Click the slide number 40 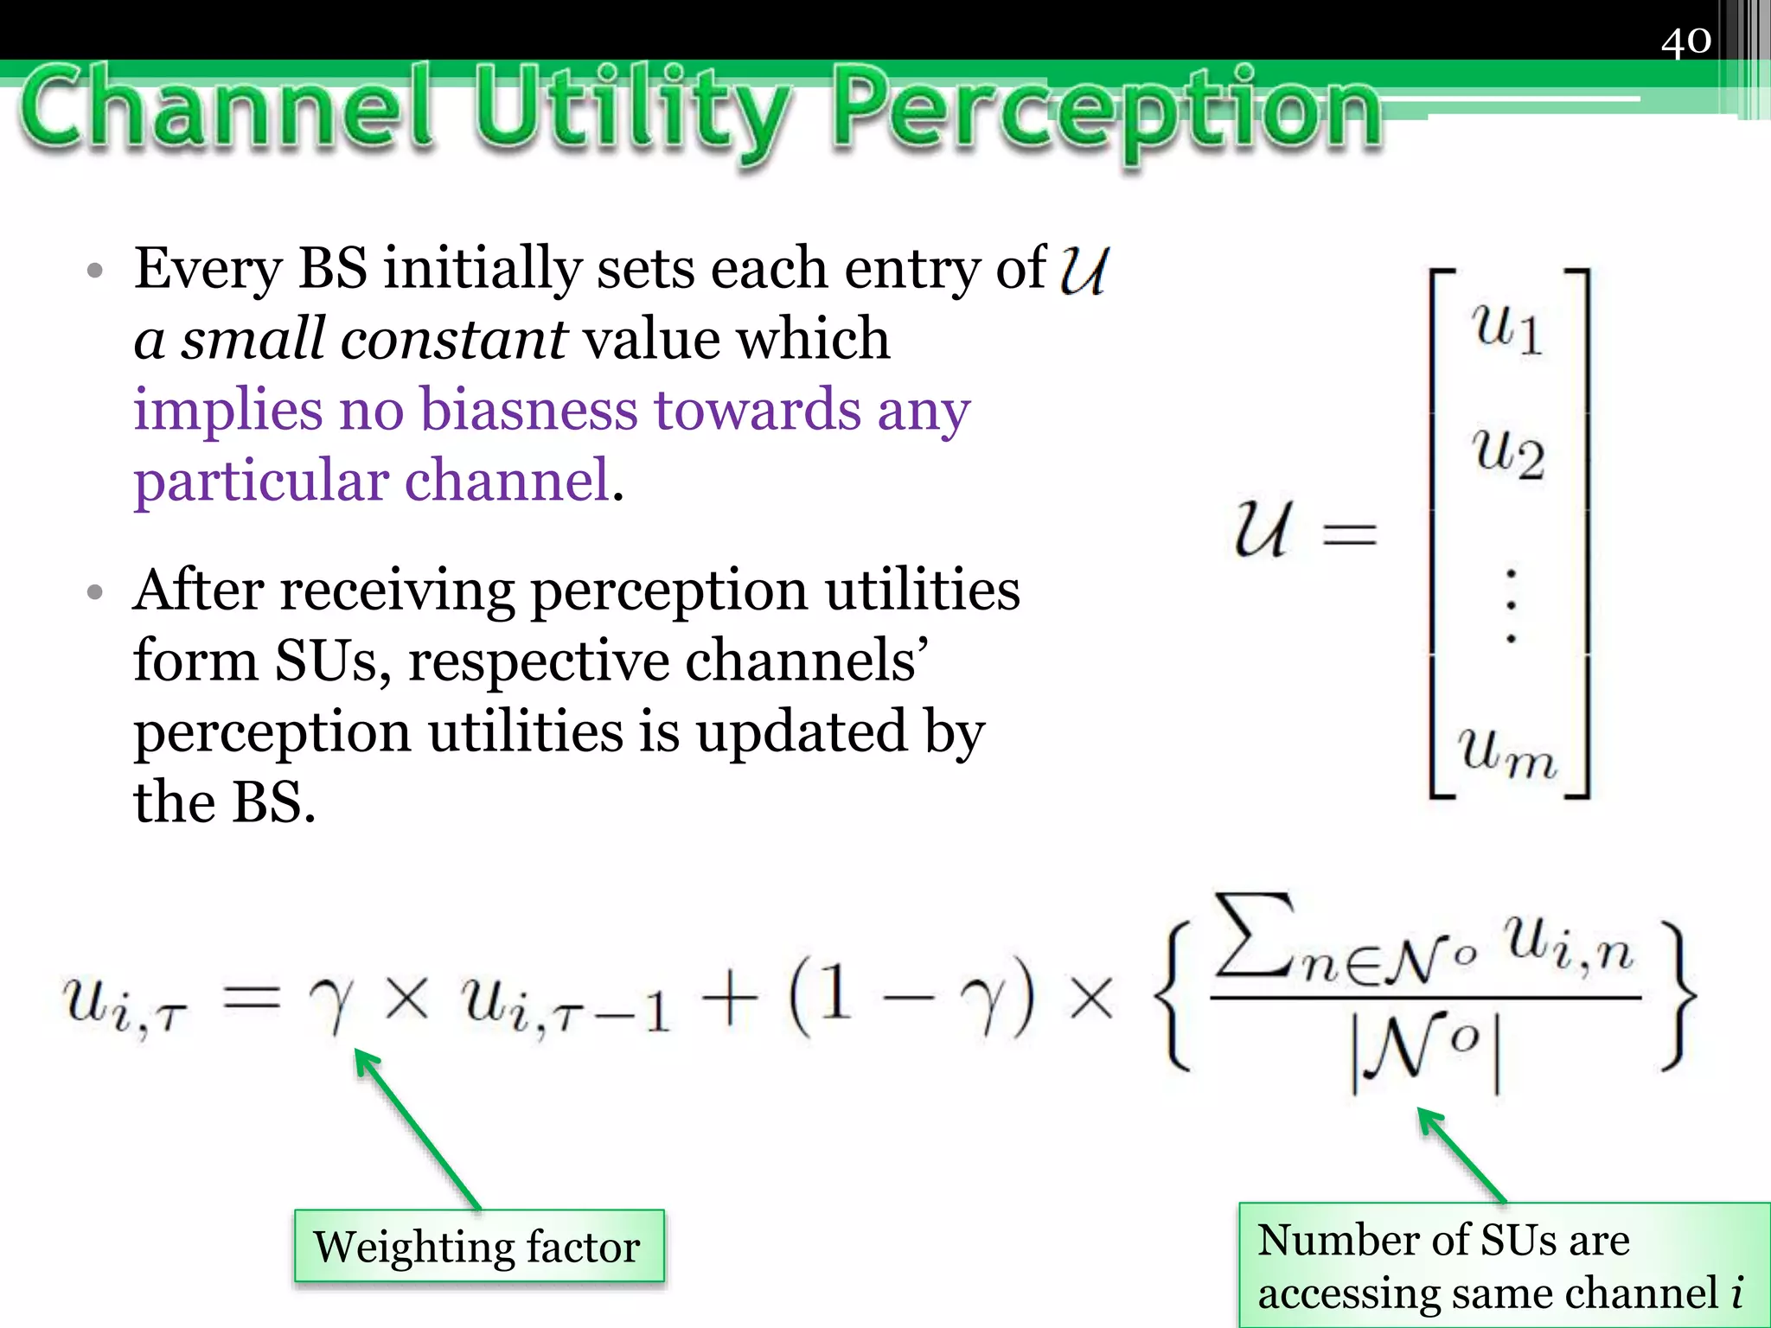[x=1685, y=41]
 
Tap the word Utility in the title [x=631, y=112]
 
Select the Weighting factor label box [x=478, y=1246]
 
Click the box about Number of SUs [x=1503, y=1265]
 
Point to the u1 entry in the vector [x=1507, y=329]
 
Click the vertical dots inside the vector [x=1510, y=605]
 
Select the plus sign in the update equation [x=730, y=1002]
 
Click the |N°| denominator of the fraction [x=1425, y=1050]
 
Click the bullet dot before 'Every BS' [x=95, y=271]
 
